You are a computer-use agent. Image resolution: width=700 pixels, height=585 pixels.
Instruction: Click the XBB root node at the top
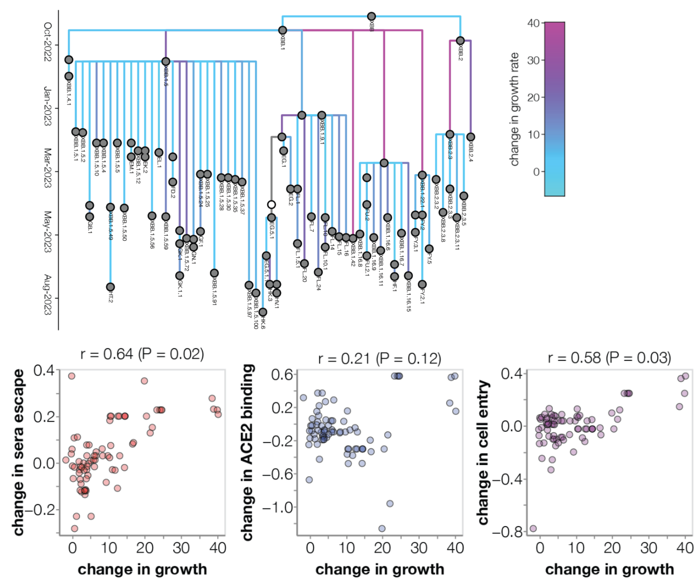pyautogui.click(x=371, y=16)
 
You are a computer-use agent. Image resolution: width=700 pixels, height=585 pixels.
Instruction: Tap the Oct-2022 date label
pyautogui.click(x=48, y=42)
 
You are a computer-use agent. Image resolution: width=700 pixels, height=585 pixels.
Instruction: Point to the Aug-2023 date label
pyautogui.click(x=48, y=295)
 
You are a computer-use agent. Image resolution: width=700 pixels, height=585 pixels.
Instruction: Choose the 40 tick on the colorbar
pyautogui.click(x=533, y=23)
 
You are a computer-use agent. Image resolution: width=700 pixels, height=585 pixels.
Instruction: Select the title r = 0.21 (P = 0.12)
pyautogui.click(x=379, y=359)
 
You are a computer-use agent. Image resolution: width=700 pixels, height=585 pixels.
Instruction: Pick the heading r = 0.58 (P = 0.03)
pyautogui.click(x=609, y=358)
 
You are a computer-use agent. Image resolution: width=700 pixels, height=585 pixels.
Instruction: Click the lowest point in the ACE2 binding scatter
pyautogui.click(x=382, y=529)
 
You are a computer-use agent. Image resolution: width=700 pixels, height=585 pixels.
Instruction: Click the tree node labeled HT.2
pyautogui.click(x=110, y=287)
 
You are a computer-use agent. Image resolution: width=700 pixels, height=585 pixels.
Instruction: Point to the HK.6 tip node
pyautogui.click(x=263, y=312)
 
